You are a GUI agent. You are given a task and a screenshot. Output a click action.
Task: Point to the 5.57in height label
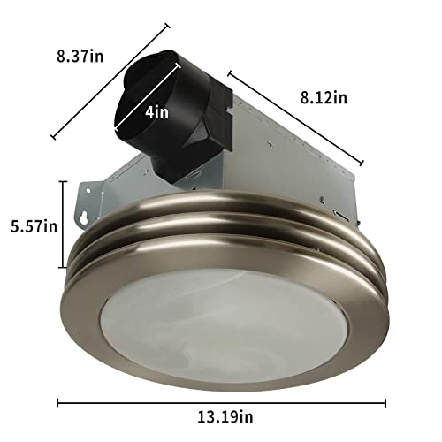(x=28, y=225)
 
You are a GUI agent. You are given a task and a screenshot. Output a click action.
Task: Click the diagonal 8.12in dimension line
(x=296, y=115)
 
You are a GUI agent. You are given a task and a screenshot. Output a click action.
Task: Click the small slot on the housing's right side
(x=339, y=213)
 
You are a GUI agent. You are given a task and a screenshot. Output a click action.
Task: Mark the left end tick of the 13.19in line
(x=58, y=403)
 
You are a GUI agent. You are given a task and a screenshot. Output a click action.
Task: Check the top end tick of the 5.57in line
(x=64, y=180)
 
